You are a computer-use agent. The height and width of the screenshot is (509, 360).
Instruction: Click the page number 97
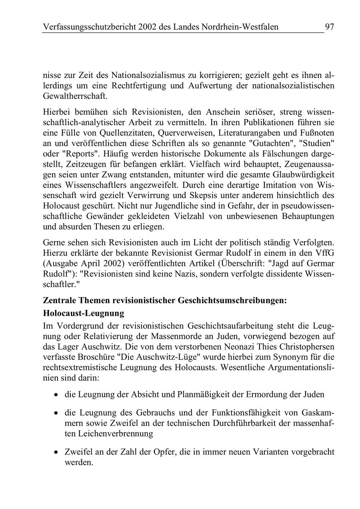(329, 27)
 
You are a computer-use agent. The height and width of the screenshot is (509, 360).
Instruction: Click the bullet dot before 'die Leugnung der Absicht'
(56, 395)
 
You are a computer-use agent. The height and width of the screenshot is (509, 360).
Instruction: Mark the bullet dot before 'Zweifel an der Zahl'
(56, 452)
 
